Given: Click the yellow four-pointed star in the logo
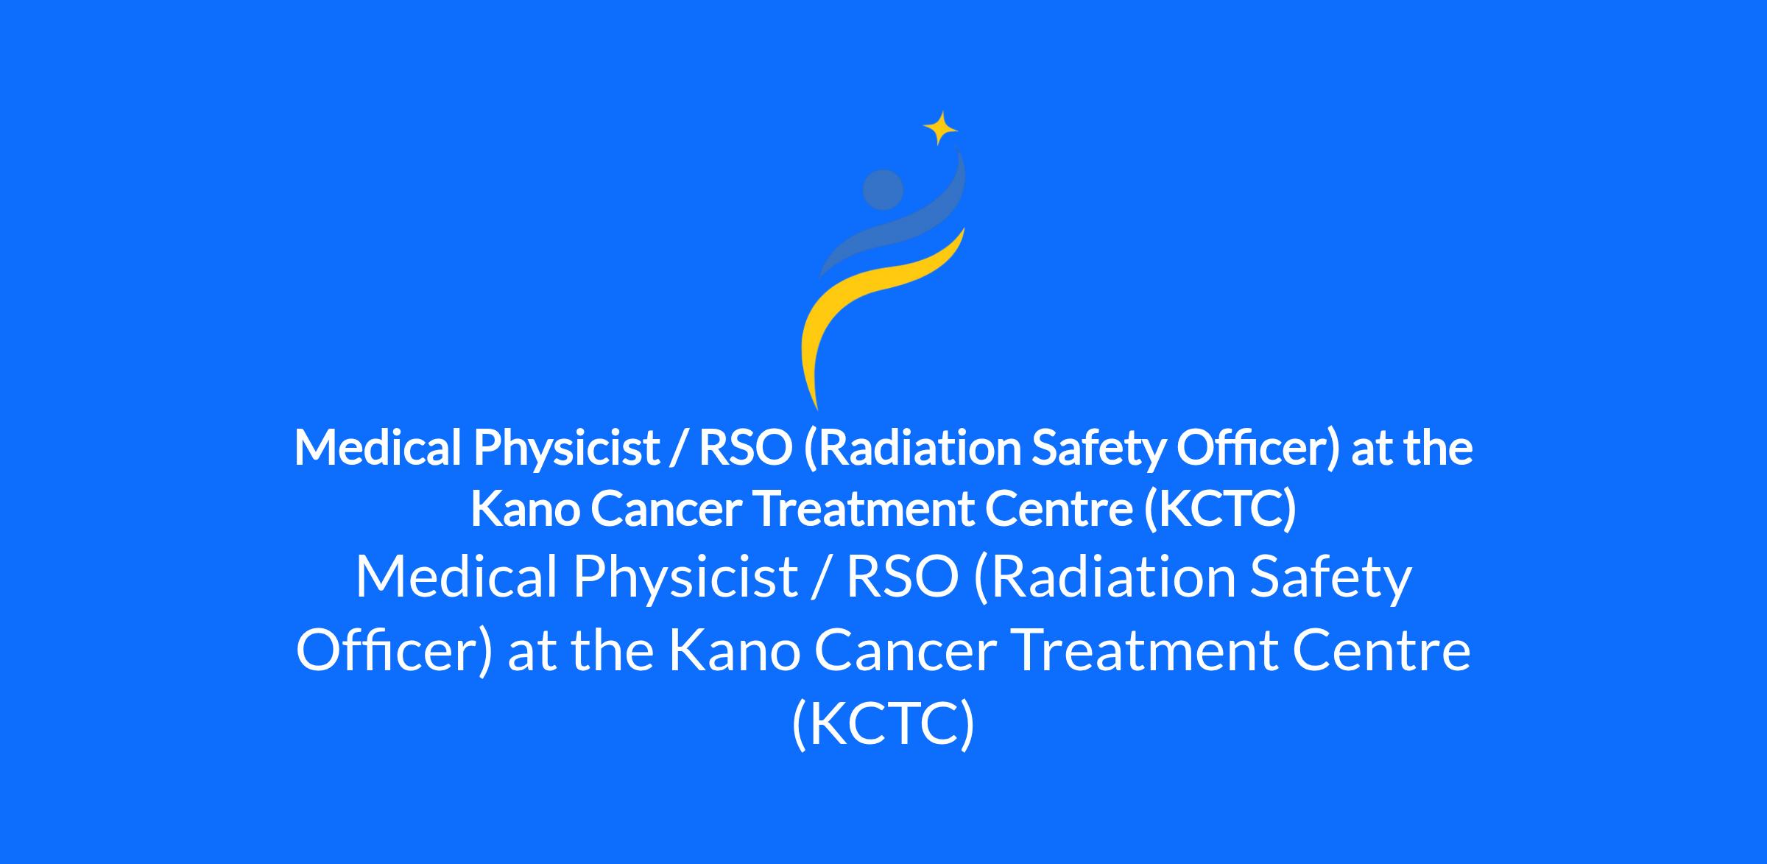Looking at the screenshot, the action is point(940,128).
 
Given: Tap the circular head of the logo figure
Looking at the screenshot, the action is point(883,190).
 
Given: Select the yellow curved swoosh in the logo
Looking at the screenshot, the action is point(869,309).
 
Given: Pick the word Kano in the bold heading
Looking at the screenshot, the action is point(525,509).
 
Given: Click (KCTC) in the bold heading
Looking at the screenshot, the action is point(1220,510).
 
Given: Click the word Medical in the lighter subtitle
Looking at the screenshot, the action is point(456,577).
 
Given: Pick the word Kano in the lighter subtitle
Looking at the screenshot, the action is point(735,651).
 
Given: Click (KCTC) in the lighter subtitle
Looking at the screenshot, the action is point(883,723).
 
